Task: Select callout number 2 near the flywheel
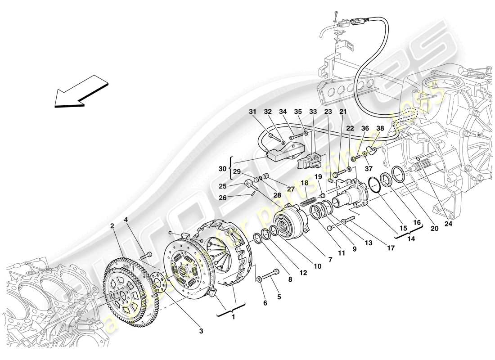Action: pos(111,226)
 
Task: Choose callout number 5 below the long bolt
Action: pos(265,303)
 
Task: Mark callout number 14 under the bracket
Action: pos(409,240)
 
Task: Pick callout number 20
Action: pos(434,228)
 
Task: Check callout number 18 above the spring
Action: pos(304,184)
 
